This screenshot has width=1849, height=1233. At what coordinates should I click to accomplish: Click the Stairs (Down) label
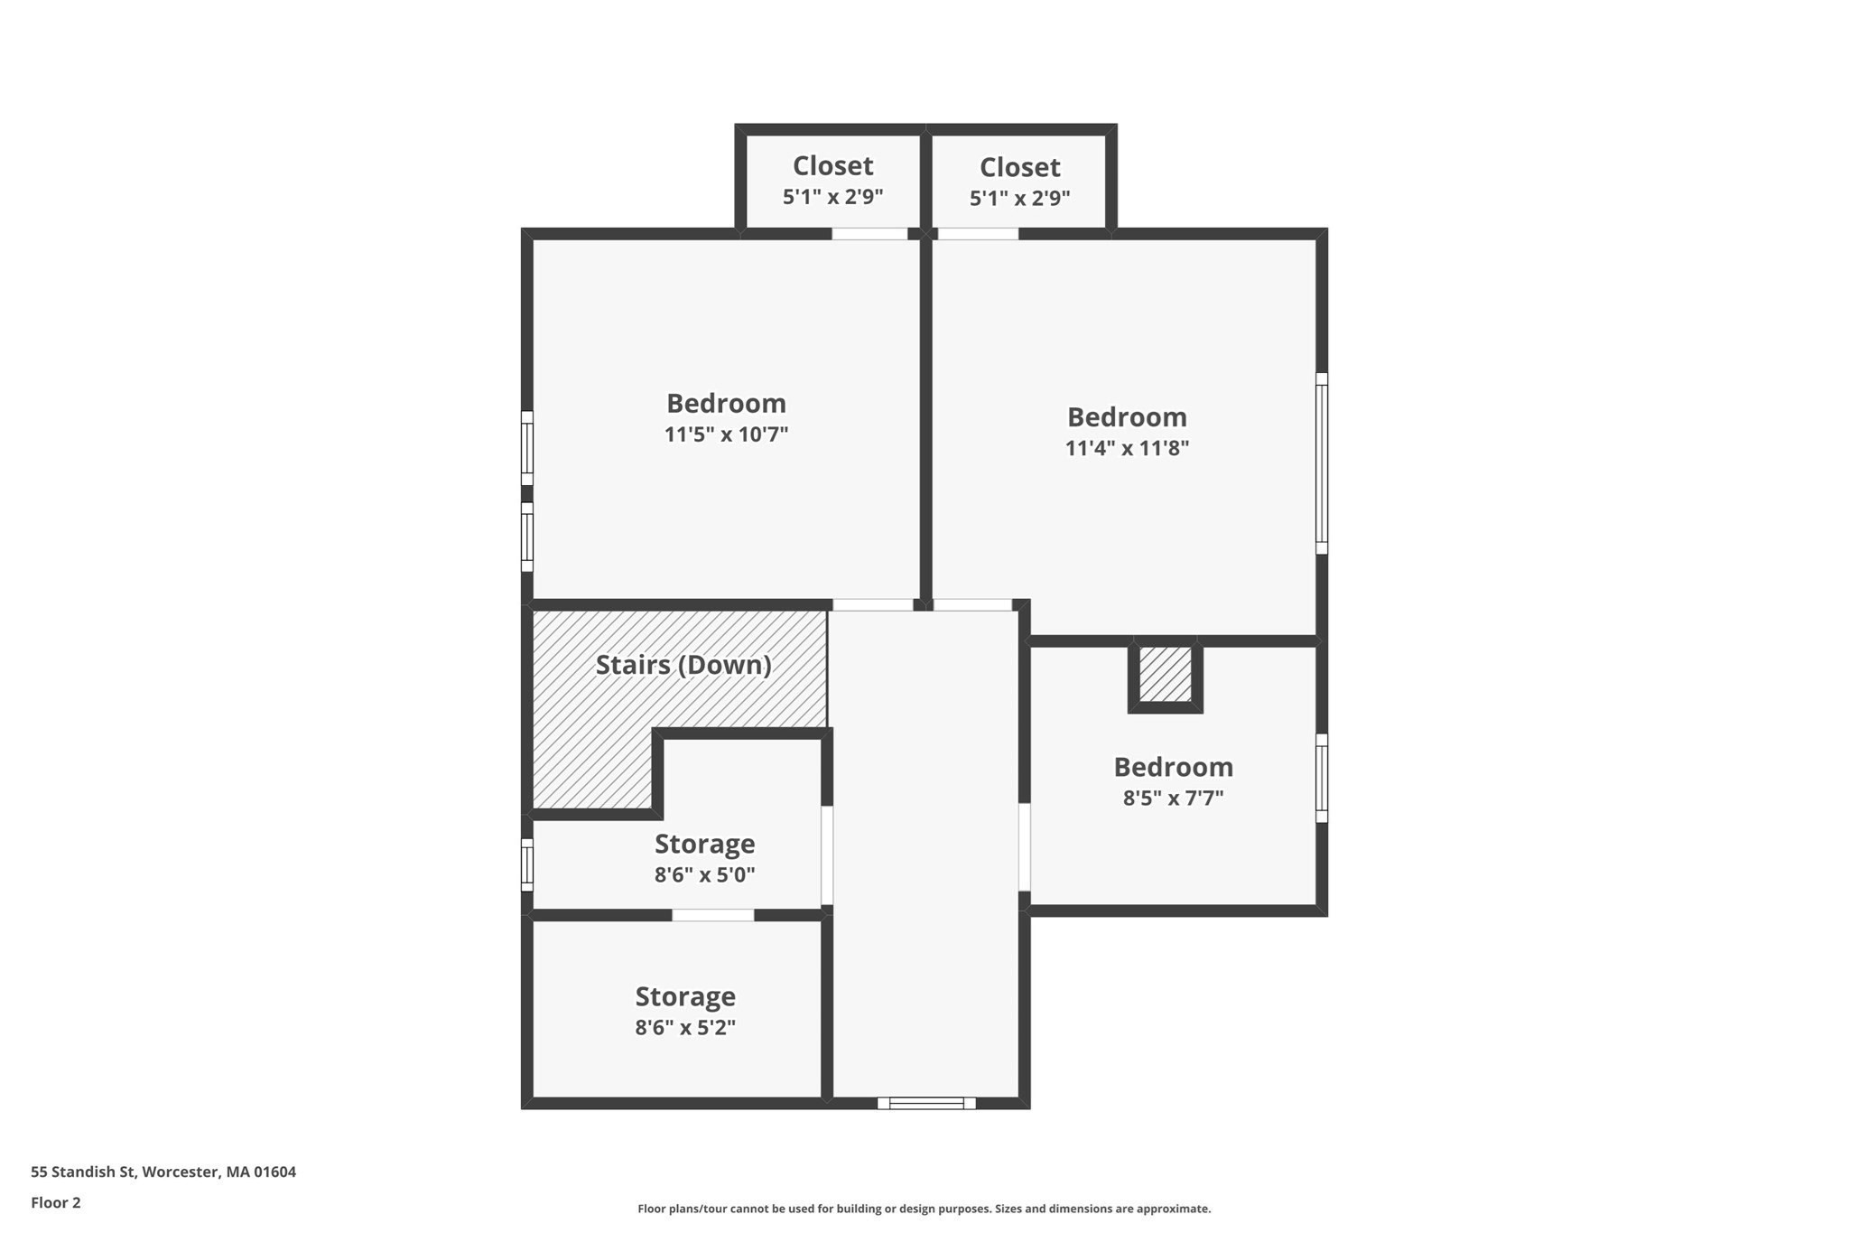(x=683, y=666)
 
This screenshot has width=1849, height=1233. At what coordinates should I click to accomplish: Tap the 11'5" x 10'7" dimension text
(x=726, y=434)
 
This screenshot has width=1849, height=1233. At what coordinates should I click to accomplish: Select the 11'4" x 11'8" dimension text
(x=1127, y=448)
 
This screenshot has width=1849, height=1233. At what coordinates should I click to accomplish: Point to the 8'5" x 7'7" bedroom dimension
(x=1173, y=799)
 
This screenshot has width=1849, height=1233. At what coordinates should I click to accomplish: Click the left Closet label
(x=832, y=166)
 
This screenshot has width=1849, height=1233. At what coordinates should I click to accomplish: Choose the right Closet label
(x=1019, y=167)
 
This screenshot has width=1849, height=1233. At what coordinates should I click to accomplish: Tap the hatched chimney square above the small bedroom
(x=1165, y=675)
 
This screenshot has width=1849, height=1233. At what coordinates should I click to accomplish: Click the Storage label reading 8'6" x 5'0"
(x=704, y=845)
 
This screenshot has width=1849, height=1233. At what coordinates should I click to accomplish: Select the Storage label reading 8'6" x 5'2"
(x=685, y=997)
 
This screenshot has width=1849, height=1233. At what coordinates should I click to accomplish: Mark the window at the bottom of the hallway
(x=926, y=1103)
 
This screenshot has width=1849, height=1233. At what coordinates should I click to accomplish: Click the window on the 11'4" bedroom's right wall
(x=1322, y=463)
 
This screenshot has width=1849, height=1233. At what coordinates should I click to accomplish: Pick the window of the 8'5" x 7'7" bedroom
(x=1322, y=778)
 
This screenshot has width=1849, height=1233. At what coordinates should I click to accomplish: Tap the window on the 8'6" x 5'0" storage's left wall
(x=527, y=864)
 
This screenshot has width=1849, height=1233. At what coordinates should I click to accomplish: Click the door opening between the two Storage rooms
(x=712, y=915)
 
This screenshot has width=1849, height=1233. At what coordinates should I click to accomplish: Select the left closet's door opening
(x=869, y=234)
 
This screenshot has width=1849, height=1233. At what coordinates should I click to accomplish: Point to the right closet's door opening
(x=979, y=234)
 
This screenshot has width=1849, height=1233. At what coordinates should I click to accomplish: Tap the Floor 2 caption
(x=56, y=1202)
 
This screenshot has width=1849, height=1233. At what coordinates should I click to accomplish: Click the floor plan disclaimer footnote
(x=924, y=1209)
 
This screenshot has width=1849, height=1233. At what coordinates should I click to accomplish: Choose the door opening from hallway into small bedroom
(x=1025, y=846)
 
